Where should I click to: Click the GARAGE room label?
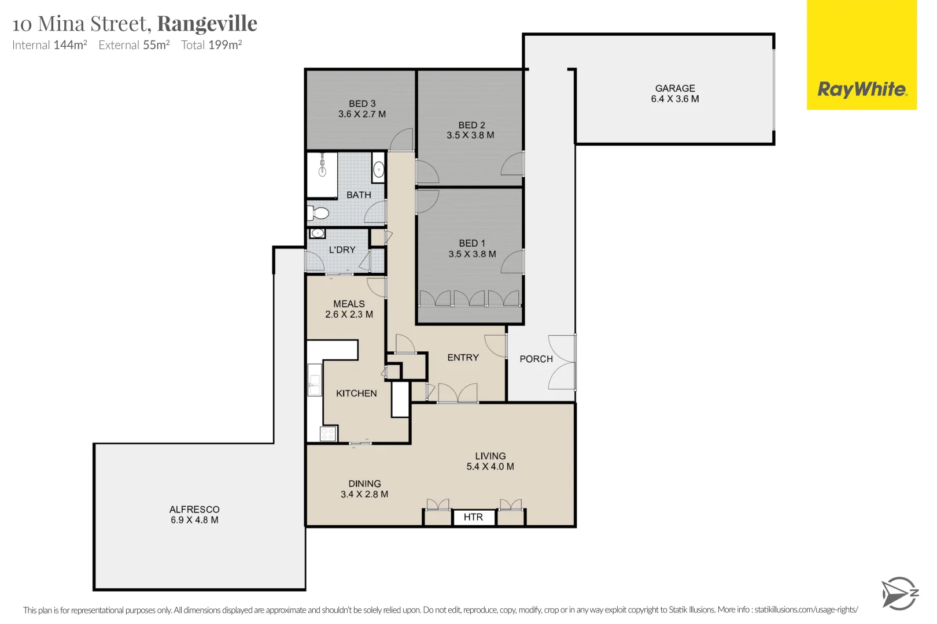pos(674,88)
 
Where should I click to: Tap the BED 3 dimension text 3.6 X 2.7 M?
pos(362,114)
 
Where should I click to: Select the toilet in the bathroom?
pos(318,213)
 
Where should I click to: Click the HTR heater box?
pos(473,517)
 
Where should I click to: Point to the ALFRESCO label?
pos(194,510)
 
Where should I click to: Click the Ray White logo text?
pos(862,90)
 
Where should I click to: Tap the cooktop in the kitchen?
pos(328,433)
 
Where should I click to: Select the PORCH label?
pos(536,359)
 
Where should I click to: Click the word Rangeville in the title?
pos(207,24)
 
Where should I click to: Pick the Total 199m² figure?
pos(212,45)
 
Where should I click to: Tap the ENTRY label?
pos(463,358)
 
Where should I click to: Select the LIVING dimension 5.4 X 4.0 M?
pos(490,467)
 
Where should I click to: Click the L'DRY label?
pos(342,250)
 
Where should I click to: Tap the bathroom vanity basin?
pos(379,169)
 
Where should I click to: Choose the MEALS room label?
pos(349,304)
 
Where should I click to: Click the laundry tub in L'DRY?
pos(317,233)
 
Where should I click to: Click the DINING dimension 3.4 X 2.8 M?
pos(364,495)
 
